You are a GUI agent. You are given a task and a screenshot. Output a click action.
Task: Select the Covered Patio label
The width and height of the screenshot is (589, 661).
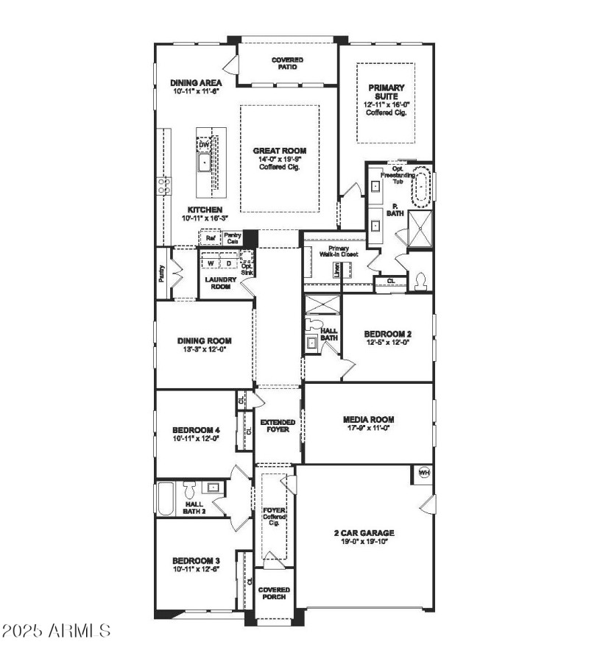click(287, 63)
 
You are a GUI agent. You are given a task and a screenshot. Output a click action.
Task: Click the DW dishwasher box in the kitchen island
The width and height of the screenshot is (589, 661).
click(204, 145)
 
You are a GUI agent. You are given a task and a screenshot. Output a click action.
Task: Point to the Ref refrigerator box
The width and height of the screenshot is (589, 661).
click(210, 238)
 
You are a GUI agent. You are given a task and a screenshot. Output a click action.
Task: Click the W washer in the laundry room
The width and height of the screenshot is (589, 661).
click(211, 262)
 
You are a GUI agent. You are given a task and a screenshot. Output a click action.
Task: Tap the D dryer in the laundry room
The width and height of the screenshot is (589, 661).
click(228, 262)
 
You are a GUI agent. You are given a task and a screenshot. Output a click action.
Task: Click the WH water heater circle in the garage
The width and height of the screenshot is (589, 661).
click(424, 472)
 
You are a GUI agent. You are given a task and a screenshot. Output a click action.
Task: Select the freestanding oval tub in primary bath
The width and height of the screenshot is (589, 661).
click(420, 190)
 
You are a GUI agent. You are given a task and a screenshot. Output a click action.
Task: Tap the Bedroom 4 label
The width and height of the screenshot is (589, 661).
click(196, 430)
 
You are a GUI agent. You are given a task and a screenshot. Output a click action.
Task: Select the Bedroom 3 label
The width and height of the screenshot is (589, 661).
click(196, 560)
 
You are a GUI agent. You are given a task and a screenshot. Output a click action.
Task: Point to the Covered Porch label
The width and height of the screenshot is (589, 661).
click(274, 593)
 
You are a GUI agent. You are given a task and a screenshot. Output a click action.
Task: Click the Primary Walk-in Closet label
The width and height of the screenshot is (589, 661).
click(339, 251)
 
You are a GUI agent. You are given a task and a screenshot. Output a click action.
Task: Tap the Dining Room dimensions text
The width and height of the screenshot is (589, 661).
click(204, 350)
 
